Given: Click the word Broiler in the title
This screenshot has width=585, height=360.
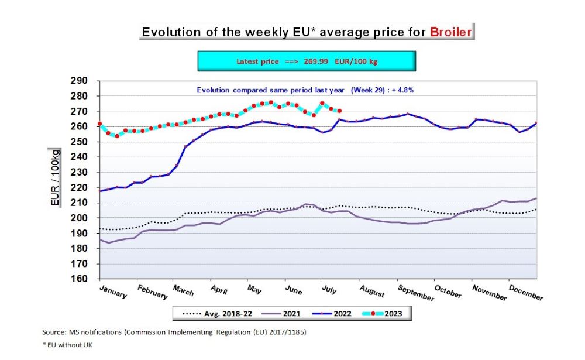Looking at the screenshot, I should tap(450, 32).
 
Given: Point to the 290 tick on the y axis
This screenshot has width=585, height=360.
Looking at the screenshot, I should tap(78, 81).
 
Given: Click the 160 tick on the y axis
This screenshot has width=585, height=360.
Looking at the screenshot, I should tap(78, 279).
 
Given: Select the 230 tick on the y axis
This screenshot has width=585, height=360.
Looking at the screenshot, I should tap(78, 172).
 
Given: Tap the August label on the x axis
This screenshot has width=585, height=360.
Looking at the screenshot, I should tap(371, 291).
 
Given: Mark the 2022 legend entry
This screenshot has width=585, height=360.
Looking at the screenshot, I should tap(331, 314).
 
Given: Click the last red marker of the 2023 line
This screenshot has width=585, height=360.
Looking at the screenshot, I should tap(340, 111).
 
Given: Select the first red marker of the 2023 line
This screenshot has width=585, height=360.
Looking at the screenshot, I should tap(100, 124).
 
